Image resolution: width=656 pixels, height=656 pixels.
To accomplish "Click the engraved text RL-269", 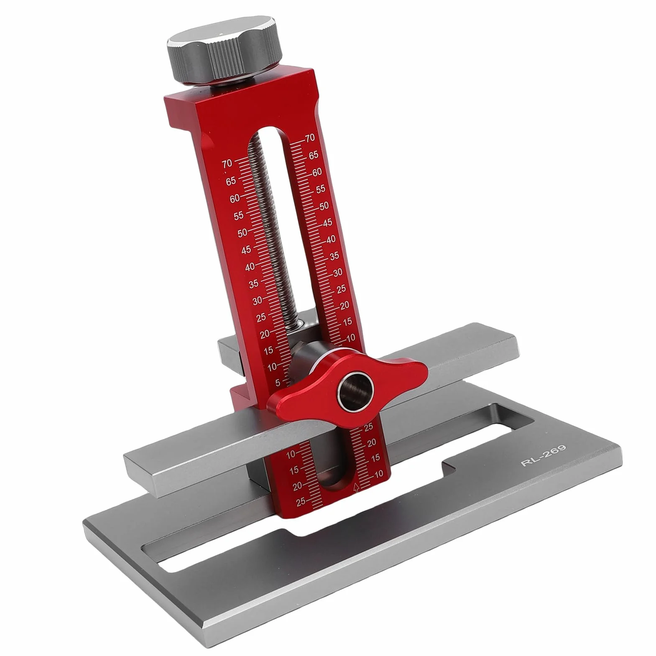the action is (x=543, y=456).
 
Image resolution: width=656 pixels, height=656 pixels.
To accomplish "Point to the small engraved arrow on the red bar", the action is (x=357, y=488).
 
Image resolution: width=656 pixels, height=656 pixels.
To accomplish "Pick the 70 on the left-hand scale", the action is (x=227, y=163).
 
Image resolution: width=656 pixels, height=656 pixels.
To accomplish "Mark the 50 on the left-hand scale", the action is (x=242, y=233).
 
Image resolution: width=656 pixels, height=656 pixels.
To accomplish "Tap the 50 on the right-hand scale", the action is (x=324, y=206).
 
